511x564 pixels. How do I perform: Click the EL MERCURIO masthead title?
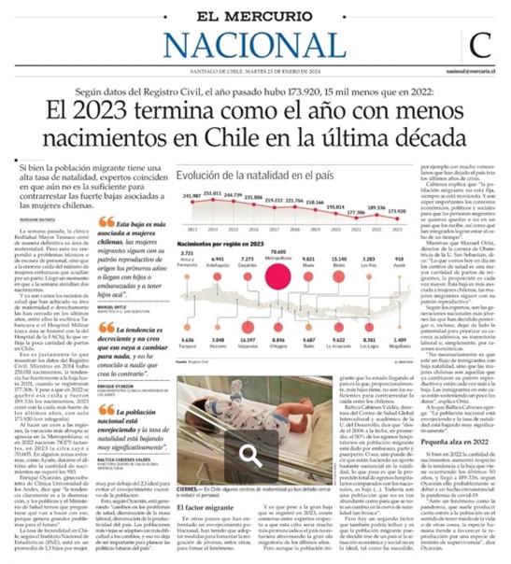(x=254, y=14)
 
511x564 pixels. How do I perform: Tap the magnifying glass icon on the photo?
(x=249, y=455)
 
